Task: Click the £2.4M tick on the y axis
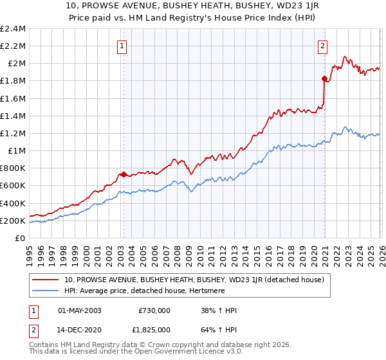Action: coord(14,29)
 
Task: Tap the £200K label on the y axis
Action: coord(12,221)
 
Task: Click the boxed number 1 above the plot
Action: coord(122,46)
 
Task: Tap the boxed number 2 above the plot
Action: coord(322,46)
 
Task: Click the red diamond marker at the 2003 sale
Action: coord(124,174)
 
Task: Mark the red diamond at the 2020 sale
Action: coord(324,78)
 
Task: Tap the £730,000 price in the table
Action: coord(154,310)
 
